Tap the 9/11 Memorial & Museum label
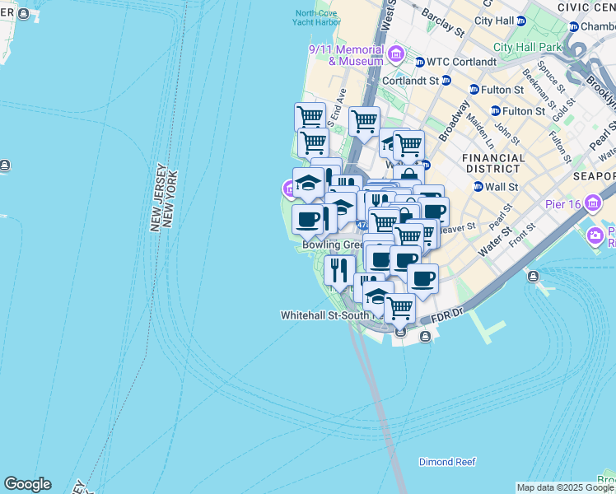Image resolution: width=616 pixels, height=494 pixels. point(346,55)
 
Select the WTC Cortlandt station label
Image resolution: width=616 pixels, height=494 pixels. point(461,62)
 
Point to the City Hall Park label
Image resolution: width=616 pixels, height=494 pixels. point(526,48)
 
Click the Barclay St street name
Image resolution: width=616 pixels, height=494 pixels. point(442,21)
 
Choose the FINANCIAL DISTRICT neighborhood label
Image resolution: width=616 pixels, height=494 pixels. point(493,163)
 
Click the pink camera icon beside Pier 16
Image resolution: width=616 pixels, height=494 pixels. point(595,237)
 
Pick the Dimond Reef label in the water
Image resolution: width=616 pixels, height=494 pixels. point(447,462)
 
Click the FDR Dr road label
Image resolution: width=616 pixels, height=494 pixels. point(452,315)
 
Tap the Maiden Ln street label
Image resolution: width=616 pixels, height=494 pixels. point(478,125)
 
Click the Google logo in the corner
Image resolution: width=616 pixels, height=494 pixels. point(27,484)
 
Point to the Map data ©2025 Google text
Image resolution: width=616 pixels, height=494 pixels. point(566,487)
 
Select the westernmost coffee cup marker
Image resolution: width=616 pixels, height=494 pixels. point(308,220)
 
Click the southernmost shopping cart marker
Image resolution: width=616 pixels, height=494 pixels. point(399,309)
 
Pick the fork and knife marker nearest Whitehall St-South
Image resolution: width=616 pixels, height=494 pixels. point(339,269)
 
